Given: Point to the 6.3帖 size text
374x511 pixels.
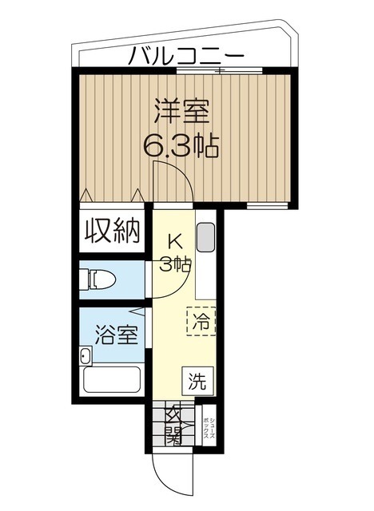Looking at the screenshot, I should [x=181, y=146].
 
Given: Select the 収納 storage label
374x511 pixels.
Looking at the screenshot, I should [x=113, y=231].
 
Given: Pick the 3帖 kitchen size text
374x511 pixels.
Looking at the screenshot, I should [x=175, y=264].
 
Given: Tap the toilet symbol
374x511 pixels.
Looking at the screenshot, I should [x=98, y=279].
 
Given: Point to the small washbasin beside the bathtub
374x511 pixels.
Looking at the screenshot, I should [x=84, y=356].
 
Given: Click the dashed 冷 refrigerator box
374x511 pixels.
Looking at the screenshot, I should [x=201, y=323].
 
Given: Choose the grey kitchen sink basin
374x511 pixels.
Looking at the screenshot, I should [x=205, y=237].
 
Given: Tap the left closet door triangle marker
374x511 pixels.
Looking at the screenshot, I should [x=86, y=195].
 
